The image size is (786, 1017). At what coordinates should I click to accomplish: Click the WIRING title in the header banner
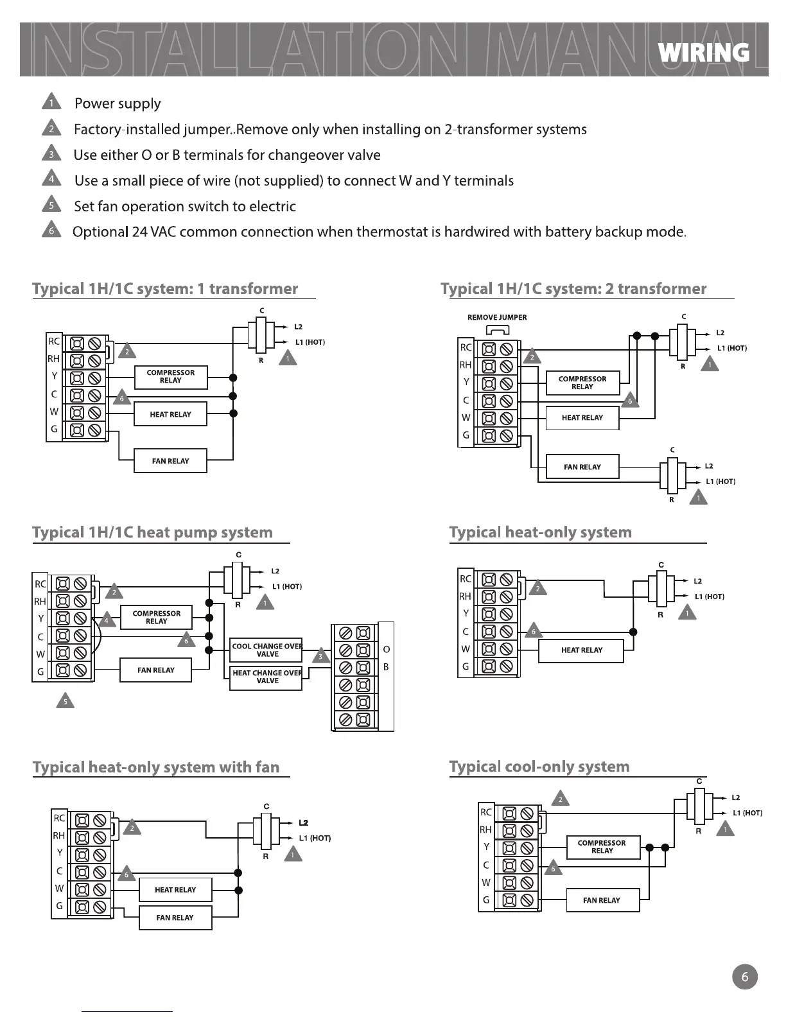click(x=704, y=53)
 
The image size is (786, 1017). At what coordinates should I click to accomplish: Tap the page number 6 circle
click(x=744, y=977)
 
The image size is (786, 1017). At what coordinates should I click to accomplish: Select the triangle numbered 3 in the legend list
click(x=51, y=154)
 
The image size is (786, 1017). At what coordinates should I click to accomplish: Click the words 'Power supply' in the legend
click(x=118, y=103)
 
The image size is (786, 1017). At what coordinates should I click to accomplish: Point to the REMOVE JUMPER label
click(x=497, y=317)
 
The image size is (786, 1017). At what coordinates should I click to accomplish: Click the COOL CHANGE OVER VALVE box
click(x=266, y=650)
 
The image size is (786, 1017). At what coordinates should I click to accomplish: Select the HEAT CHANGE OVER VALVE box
click(x=266, y=677)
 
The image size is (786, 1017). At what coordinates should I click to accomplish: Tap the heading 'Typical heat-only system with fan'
click(x=156, y=767)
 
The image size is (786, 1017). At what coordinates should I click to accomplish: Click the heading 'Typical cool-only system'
click(x=539, y=767)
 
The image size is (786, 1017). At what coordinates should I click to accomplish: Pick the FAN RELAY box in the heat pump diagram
click(x=155, y=670)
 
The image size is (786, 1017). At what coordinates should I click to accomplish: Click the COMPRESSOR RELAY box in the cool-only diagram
click(x=602, y=847)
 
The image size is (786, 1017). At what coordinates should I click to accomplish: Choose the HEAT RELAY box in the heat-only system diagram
click(x=581, y=650)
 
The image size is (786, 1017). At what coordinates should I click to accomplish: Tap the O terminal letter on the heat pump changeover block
click(x=386, y=649)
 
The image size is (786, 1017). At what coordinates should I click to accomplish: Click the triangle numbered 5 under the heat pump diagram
click(x=65, y=701)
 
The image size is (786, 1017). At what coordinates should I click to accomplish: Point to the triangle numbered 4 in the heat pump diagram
click(x=107, y=620)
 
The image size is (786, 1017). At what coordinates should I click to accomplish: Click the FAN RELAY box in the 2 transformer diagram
click(x=582, y=467)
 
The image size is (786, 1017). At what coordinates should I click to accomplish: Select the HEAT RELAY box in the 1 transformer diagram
click(x=170, y=414)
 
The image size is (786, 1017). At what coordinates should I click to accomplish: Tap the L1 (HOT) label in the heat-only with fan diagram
click(x=315, y=838)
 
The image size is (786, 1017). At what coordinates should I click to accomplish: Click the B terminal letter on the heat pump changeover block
click(x=386, y=667)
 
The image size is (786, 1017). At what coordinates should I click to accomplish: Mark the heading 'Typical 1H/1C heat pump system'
click(x=152, y=532)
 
